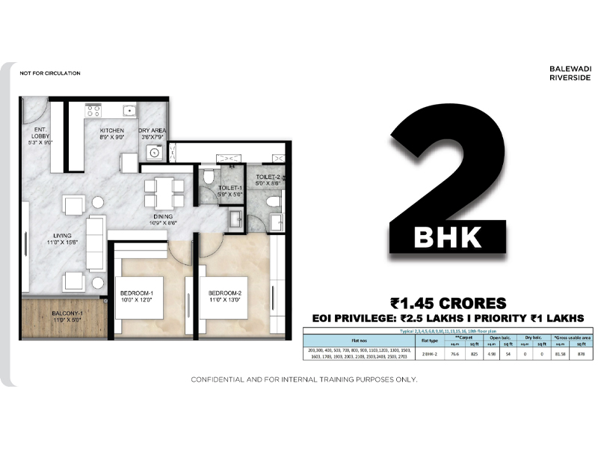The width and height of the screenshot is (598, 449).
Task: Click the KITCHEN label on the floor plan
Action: (112, 130)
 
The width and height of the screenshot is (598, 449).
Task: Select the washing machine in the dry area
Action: (155, 153)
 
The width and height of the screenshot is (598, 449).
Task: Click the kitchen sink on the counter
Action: (129, 111)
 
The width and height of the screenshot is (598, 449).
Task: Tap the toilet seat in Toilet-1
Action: (208, 177)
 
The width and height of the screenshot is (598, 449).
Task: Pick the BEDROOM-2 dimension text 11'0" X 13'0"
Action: (224, 299)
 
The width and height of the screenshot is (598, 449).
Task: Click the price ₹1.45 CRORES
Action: (448, 303)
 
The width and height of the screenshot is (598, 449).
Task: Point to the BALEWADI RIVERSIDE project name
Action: (570, 72)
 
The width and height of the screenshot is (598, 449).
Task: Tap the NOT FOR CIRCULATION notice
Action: (50, 73)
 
